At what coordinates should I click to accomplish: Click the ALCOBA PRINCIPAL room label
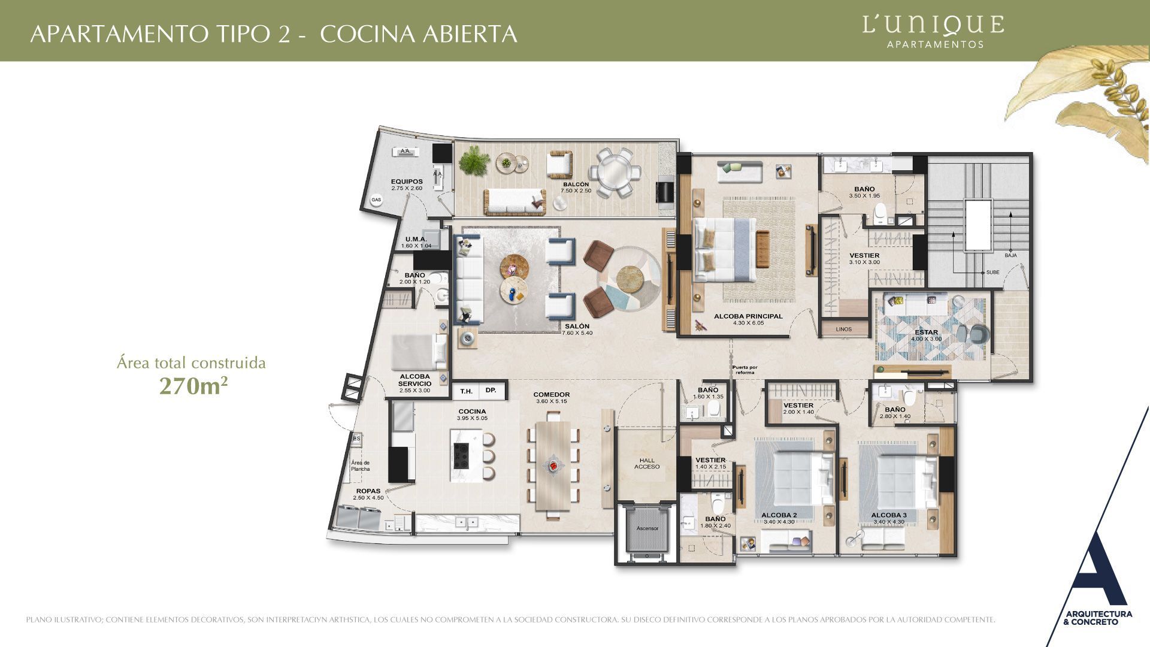tap(748, 316)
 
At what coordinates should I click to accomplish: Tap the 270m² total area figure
tap(193, 386)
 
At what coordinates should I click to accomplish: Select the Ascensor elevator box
tap(647, 528)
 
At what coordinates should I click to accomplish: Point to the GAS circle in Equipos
tap(376, 200)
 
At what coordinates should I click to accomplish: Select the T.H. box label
tap(466, 391)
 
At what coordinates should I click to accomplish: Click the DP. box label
tap(491, 391)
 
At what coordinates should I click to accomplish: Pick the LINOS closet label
tap(843, 329)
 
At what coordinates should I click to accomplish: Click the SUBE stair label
tap(992, 273)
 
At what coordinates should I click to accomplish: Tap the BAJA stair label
tap(1010, 255)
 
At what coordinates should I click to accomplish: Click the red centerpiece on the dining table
tap(553, 465)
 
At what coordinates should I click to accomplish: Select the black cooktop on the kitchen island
tap(462, 455)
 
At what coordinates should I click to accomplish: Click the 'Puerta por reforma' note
tap(745, 370)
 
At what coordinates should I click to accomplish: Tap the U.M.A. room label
tap(415, 239)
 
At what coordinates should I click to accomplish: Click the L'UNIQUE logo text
tap(933, 25)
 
